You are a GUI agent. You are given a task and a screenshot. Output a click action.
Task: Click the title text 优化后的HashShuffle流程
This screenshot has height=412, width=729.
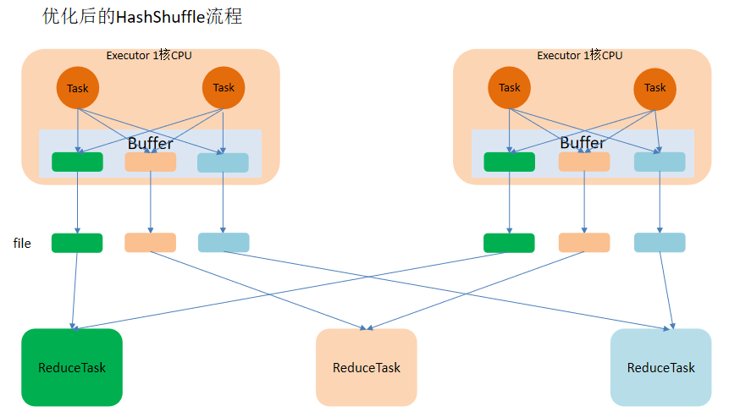click(142, 17)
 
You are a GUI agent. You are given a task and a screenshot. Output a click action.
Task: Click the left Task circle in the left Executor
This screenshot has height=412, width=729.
click(78, 87)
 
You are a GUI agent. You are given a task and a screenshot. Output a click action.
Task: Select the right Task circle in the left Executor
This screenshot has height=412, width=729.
click(224, 87)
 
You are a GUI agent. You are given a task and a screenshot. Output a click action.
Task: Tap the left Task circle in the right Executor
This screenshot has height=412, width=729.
click(510, 87)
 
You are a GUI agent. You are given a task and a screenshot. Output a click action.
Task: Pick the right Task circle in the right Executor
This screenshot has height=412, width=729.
click(655, 87)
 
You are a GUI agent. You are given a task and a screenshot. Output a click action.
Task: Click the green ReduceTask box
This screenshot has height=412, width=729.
click(72, 367)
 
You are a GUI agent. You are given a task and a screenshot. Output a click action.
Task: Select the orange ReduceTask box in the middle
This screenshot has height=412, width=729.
click(367, 367)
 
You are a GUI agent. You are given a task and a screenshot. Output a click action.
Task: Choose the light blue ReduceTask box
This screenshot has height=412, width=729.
click(660, 367)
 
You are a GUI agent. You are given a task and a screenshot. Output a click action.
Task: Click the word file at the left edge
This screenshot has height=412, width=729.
click(23, 244)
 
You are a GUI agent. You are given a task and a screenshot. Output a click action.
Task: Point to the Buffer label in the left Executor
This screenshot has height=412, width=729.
click(150, 143)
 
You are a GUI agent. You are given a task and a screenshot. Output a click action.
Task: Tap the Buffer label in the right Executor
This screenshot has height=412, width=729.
click(583, 143)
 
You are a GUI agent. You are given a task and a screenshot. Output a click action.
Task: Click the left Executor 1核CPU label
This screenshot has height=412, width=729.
click(149, 56)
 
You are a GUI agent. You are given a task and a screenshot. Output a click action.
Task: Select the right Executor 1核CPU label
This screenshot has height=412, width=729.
click(580, 56)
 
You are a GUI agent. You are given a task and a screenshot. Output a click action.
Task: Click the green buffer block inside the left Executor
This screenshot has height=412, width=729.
click(77, 162)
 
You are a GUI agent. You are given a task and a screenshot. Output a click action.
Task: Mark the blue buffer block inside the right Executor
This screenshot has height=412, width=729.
click(660, 162)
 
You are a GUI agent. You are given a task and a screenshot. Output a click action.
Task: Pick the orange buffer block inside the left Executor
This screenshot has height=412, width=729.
click(151, 162)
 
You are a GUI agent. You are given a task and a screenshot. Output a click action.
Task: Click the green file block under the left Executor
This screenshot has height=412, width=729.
click(77, 243)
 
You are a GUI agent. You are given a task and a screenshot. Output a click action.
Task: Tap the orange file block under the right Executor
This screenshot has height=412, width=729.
click(584, 243)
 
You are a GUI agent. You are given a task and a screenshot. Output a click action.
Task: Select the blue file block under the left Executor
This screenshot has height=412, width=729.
click(224, 243)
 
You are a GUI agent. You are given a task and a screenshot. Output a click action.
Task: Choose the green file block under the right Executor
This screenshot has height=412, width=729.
click(509, 243)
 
